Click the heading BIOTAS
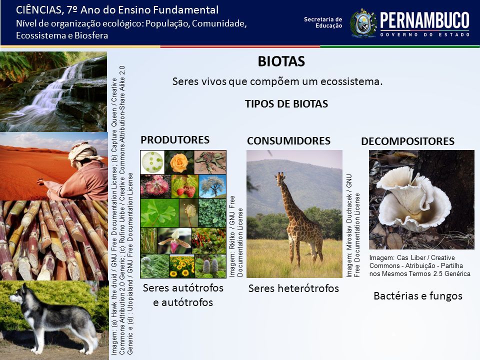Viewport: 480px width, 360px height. pyautogui.click(x=281, y=61)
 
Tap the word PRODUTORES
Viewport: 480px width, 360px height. pyautogui.click(x=175, y=140)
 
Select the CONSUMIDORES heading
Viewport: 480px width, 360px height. pyautogui.click(x=288, y=141)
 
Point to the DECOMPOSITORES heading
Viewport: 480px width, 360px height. pyautogui.click(x=408, y=141)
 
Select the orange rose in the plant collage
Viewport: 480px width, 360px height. pyautogui.click(x=179, y=162)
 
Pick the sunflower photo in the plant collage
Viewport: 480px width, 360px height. pyautogui.click(x=182, y=266)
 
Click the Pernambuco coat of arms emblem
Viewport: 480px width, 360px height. pyautogui.click(x=363, y=23)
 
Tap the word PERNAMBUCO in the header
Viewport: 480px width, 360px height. pyautogui.click(x=424, y=20)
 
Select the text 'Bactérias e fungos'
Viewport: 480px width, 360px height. pyautogui.click(x=418, y=296)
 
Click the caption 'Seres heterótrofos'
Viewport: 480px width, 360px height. pyautogui.click(x=293, y=288)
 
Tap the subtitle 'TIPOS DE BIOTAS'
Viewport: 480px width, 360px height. pyautogui.click(x=286, y=104)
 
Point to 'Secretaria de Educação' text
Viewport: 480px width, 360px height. pyautogui.click(x=323, y=22)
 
